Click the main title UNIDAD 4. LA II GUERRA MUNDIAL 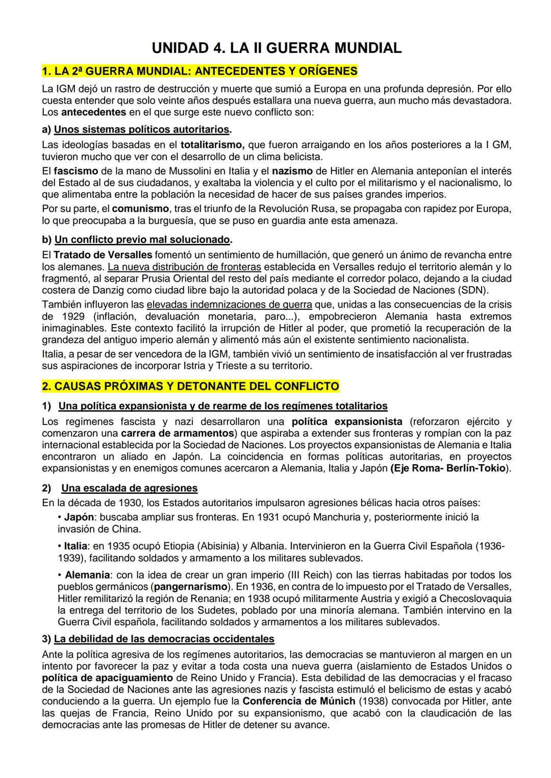[x=277, y=48]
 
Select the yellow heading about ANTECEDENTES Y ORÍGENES [x=199, y=70]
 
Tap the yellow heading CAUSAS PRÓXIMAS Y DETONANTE [x=190, y=386]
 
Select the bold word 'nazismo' [x=292, y=171]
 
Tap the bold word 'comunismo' [x=140, y=209]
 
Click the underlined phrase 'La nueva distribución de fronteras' [x=184, y=266]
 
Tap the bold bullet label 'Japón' [x=79, y=517]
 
